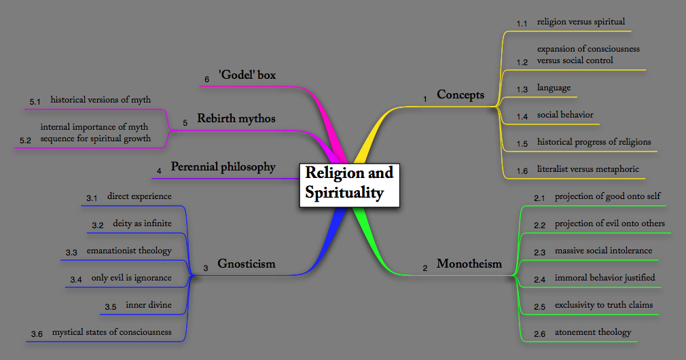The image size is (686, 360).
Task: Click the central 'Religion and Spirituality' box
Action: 349,183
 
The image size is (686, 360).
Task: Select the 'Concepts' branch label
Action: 461,94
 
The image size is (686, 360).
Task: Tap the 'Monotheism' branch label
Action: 469,264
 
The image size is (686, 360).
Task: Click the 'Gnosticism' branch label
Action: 247,264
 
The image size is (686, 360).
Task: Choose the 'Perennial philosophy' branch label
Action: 223,166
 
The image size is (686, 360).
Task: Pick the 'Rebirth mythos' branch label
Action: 236,118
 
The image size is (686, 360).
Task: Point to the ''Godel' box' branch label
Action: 247,75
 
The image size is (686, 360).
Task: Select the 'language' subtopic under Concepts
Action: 554,88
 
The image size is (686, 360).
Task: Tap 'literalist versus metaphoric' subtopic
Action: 588,169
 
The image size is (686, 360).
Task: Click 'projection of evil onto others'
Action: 609,223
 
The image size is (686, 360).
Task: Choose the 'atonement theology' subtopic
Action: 592,332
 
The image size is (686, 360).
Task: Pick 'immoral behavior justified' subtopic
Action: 604,278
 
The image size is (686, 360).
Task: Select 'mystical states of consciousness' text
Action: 111,332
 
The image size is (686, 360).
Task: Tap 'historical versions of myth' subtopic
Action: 101,100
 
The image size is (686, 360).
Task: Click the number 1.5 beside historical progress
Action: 522,144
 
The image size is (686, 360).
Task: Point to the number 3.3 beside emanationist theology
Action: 71,253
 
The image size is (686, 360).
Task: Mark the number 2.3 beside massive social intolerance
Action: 539,253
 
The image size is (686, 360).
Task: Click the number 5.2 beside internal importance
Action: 26,141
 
